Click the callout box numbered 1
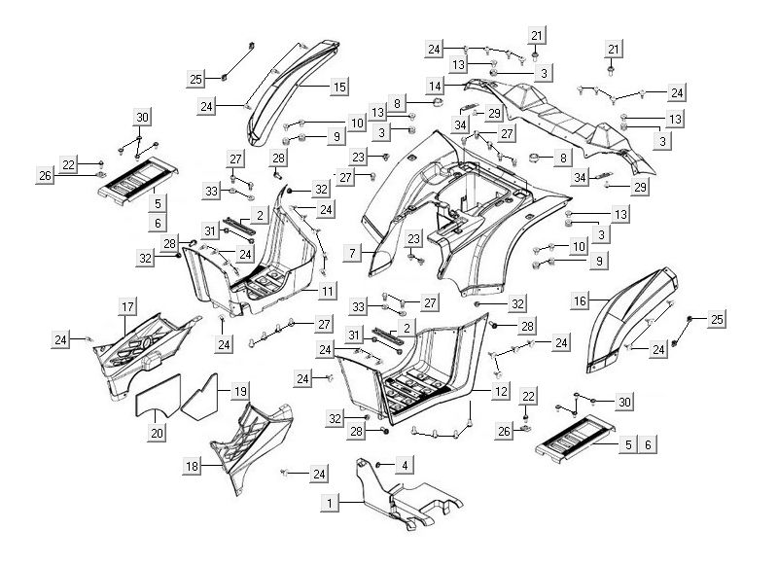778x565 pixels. point(333,503)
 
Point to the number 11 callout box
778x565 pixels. point(328,291)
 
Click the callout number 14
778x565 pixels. point(434,86)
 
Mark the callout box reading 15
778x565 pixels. point(338,88)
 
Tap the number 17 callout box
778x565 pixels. point(127,307)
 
